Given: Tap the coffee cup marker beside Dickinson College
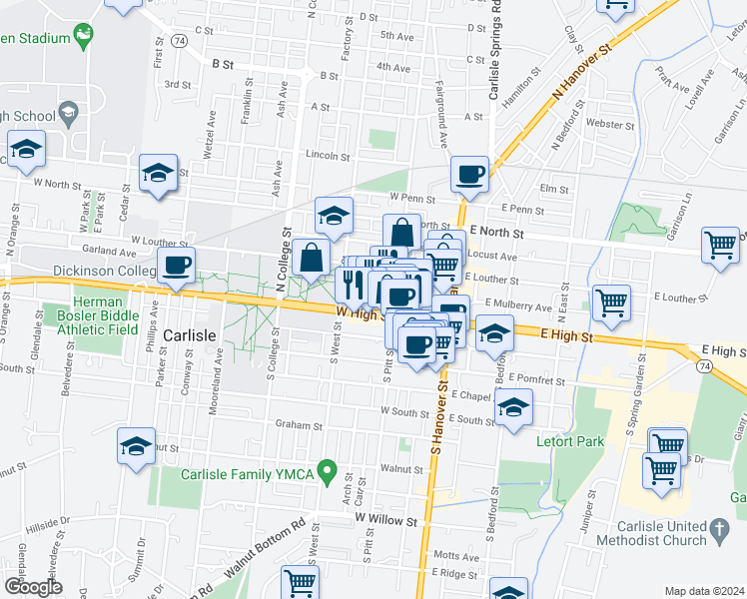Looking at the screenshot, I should pos(176,267).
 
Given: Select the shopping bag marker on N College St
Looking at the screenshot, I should pos(312,256).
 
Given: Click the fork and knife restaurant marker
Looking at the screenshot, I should pos(351,286).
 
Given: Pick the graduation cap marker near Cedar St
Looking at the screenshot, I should pos(158,173).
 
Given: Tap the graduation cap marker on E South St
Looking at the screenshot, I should pos(513,407).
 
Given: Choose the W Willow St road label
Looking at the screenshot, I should pos(384,520).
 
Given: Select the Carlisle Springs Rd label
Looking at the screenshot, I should pos(494,50).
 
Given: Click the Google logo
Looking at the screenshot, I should pos(33,587).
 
